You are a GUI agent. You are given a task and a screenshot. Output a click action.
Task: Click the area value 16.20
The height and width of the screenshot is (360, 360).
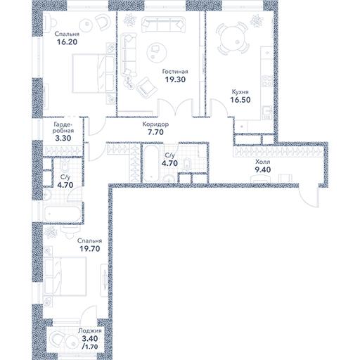point(67,42)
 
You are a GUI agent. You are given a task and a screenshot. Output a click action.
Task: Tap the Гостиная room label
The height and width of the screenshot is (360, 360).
point(175,72)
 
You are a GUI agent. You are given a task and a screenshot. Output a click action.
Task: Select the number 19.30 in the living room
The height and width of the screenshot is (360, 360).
point(175,79)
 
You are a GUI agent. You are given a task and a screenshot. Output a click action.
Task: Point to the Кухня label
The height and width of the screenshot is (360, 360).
point(240,92)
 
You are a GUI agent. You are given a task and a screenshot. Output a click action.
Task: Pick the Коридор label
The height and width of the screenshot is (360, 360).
point(155,124)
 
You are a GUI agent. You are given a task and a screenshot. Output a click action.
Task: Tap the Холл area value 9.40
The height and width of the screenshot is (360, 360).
point(263,169)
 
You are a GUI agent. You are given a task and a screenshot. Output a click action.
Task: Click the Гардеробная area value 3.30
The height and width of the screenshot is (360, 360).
point(63,139)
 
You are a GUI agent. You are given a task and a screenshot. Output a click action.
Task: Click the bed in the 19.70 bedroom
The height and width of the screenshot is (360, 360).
point(65,276)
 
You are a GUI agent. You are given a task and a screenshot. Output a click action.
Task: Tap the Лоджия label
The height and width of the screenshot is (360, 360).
point(90,330)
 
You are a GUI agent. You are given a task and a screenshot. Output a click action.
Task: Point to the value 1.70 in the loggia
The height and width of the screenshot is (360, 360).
point(91,347)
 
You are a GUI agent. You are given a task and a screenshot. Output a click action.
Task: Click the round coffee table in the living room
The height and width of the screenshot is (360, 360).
point(157,52)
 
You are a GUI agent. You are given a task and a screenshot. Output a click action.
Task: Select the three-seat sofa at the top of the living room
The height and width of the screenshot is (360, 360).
point(163,25)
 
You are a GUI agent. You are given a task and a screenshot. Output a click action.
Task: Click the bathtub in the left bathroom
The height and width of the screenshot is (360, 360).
point(63,214)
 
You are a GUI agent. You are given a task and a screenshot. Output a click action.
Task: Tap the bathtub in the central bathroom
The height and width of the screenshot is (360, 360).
point(152,164)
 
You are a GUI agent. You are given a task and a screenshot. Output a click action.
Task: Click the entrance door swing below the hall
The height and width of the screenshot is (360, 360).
point(309,197)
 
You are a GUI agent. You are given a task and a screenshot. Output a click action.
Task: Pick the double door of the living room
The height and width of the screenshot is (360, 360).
point(176,108)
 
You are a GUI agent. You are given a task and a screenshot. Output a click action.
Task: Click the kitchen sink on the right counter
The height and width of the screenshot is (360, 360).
point(266,112)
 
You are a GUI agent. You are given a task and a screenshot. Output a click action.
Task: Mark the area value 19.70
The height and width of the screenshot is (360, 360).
point(90,249)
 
